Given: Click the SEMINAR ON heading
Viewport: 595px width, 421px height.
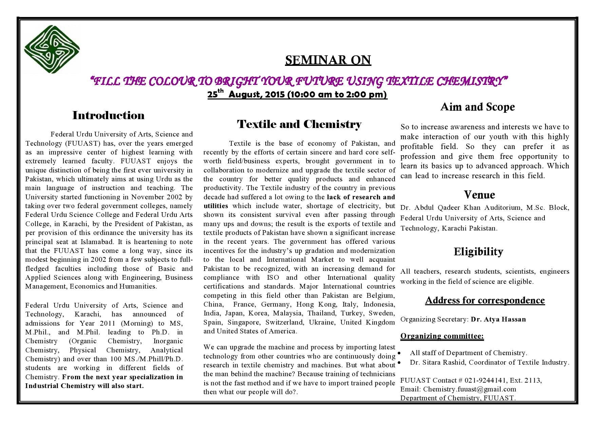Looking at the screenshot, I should click(x=328, y=60).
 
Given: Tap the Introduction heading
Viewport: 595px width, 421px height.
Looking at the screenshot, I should click(x=108, y=115).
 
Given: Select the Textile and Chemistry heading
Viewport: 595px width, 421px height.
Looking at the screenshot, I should click(x=299, y=124).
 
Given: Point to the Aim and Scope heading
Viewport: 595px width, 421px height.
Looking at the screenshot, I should click(x=477, y=107).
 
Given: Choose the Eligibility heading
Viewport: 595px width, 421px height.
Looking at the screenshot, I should click(x=478, y=252).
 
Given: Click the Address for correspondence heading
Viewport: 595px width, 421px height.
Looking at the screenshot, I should click(x=485, y=300).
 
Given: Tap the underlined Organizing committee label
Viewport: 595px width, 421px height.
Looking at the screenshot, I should click(x=442, y=336).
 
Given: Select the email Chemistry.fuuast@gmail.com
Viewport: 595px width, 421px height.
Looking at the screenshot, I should click(x=469, y=389).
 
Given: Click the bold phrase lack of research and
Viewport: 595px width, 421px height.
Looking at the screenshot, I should click(x=361, y=197).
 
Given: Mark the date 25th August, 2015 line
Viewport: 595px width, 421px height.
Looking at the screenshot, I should click(x=297, y=94).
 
